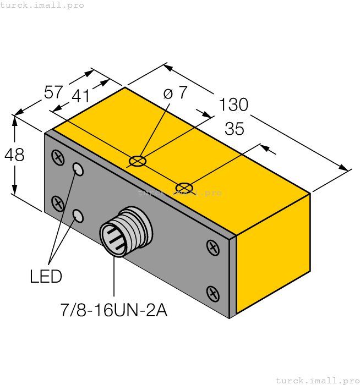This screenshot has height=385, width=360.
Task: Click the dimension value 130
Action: coord(233,104)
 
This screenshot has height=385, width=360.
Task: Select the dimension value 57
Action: coord(53,92)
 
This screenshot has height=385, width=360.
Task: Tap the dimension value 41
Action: coord(81,96)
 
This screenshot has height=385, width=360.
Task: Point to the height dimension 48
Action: coord(14,155)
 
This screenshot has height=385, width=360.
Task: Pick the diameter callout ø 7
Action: coord(176,93)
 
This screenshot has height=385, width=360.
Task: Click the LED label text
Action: coord(46,277)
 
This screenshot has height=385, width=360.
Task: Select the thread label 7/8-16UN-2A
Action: coord(113,311)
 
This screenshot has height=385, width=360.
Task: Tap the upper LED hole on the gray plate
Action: coord(79,169)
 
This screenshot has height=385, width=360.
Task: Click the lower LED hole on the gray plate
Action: coord(79,216)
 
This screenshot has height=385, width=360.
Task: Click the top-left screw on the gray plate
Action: coord(57,158)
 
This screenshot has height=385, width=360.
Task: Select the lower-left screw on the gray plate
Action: coord(57,204)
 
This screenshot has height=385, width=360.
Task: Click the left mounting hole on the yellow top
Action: coord(137,161)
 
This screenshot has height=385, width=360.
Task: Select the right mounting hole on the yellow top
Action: coord(184,188)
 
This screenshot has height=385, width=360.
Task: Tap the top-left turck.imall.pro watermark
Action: coord(42,5)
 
